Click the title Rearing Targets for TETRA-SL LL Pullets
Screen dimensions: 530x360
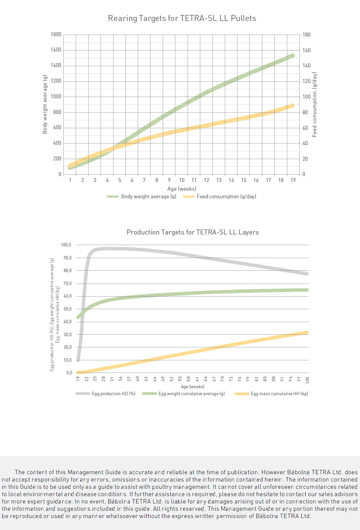coord(182,18)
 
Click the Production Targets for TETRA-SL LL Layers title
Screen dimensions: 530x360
coord(193,232)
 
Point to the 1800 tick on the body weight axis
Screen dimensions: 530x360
coord(56,35)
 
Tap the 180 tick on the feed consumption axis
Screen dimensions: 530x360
coord(307,35)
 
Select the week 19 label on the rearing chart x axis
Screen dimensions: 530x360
coord(293,180)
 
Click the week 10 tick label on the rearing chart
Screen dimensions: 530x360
coord(182,180)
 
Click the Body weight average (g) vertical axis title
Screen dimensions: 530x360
coord(45,105)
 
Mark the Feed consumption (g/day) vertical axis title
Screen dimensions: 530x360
coord(315,105)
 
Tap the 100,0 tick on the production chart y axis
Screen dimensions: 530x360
coord(66,245)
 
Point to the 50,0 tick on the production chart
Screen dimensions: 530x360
coord(67,309)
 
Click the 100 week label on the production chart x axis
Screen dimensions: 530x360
coord(307,380)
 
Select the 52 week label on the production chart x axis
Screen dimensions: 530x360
coord(171,379)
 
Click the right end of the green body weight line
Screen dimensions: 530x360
coord(293,56)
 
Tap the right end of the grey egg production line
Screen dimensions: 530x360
coord(307,274)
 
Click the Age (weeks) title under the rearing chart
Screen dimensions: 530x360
coord(182,189)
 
